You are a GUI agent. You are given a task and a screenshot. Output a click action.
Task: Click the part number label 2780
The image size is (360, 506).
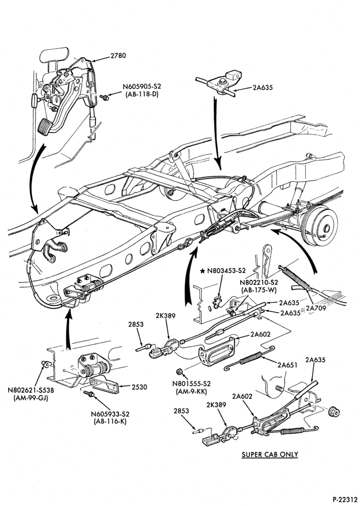118,56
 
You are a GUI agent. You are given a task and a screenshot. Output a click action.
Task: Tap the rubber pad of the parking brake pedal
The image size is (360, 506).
45,126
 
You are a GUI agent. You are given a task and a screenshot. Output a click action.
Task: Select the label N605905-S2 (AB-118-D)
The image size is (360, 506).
142,91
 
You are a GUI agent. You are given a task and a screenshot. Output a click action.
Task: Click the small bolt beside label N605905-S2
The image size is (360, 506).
104,97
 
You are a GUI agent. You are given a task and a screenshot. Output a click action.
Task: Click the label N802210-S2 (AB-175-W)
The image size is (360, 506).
259,286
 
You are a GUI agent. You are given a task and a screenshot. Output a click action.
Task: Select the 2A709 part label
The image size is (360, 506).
316,308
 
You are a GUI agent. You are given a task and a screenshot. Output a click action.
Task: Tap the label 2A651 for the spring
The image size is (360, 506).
287,365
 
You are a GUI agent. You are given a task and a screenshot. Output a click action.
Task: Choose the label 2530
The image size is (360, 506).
140,387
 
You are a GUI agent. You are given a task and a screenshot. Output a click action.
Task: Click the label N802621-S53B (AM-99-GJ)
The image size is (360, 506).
31,394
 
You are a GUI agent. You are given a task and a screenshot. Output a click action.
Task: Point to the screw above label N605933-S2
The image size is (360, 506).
88,393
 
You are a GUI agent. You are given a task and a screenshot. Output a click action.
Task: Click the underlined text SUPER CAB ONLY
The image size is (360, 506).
270,454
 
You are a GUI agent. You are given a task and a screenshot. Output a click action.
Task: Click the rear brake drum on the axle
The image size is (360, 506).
321,228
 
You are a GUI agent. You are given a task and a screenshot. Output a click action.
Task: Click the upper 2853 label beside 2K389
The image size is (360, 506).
136,325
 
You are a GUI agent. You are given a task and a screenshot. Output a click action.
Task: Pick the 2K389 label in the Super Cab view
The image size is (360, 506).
216,405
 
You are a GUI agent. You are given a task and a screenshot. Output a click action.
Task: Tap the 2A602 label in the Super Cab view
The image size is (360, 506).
242,396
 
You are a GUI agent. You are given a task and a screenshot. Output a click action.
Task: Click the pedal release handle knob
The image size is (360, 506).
34,99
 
